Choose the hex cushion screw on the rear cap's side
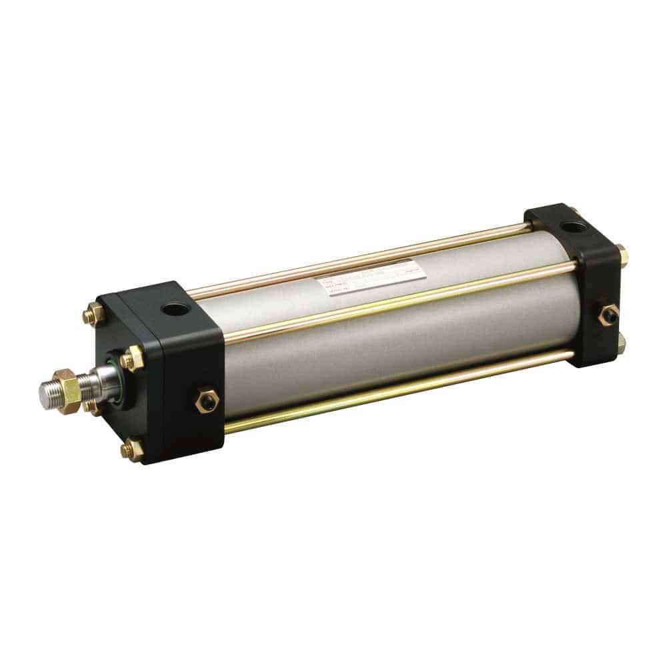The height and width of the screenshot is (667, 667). click(x=608, y=313)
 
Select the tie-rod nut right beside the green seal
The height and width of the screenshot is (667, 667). click(x=133, y=358)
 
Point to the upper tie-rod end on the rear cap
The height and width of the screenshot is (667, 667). click(x=622, y=255)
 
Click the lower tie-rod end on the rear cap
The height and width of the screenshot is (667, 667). click(x=621, y=342)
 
